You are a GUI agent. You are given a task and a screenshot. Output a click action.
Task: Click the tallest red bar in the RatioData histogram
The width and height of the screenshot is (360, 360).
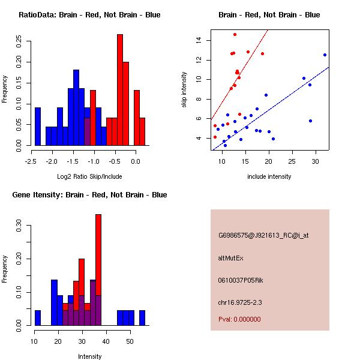tap(120, 90)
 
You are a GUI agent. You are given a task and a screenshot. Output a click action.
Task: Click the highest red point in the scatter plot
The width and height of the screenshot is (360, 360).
tap(235, 34)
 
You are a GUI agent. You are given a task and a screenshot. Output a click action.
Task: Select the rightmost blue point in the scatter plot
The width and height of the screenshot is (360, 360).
tap(325, 55)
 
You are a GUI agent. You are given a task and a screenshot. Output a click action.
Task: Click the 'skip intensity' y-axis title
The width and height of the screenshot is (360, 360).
tap(185, 90)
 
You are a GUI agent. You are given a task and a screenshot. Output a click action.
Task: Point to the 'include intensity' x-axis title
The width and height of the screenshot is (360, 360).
tap(269, 176)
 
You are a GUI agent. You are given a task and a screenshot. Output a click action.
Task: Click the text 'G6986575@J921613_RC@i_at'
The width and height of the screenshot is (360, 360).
tap(263, 236)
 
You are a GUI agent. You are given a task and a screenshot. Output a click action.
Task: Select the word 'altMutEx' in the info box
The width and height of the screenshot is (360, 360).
tap(231, 258)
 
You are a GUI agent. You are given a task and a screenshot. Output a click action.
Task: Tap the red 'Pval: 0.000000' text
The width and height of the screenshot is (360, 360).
tap(239, 319)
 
